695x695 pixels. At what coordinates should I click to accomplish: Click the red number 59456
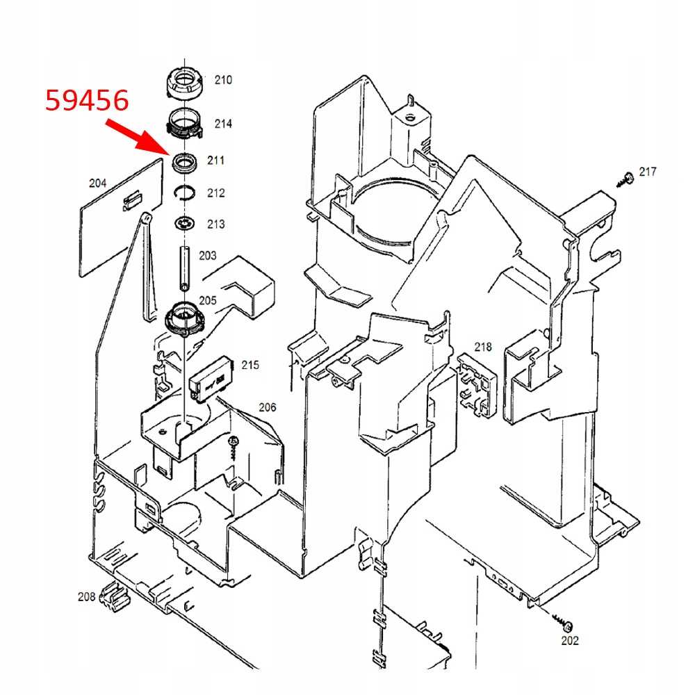click(x=87, y=101)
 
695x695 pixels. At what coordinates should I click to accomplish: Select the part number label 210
click(x=223, y=80)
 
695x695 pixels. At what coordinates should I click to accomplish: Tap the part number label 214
click(x=223, y=124)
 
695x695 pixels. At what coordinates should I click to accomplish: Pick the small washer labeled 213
click(x=185, y=224)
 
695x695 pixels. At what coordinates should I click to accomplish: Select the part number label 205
click(x=208, y=301)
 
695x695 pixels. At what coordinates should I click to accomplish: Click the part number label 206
click(x=268, y=407)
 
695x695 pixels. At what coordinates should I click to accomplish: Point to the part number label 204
click(x=98, y=183)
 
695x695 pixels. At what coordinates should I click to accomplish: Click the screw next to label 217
click(x=626, y=179)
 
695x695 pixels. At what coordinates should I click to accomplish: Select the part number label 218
click(x=483, y=347)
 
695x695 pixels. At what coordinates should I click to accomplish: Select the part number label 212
click(x=216, y=193)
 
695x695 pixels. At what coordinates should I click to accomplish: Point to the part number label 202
click(x=569, y=640)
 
